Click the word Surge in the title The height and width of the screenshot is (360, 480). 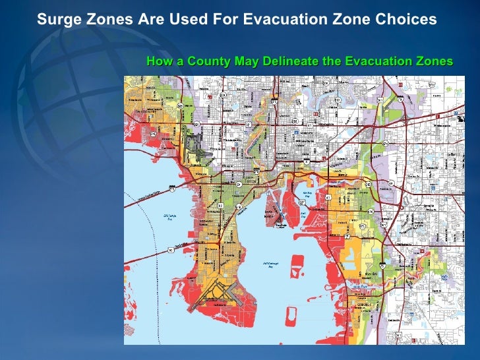[55, 19]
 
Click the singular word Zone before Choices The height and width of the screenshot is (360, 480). [354, 19]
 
